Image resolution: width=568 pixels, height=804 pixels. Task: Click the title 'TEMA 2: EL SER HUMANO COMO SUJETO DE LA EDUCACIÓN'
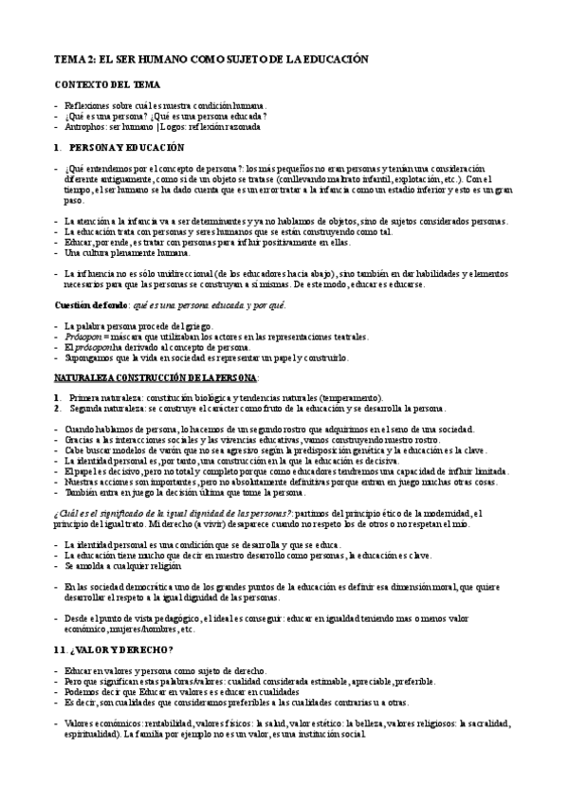click(209, 59)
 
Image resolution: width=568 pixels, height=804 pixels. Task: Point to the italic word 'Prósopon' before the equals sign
click(85, 336)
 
